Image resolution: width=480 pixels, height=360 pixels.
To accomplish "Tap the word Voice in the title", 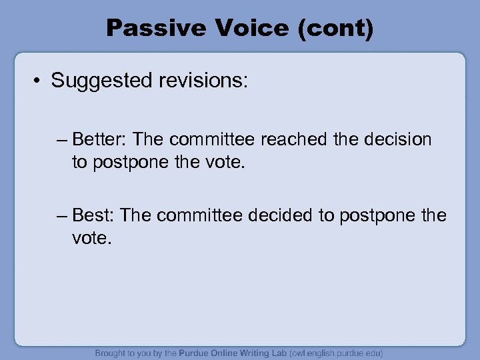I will pos(248,28).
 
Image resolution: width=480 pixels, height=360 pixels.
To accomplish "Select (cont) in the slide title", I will pos(336,28).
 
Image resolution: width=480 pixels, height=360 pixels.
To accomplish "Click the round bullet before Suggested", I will pos(39,81).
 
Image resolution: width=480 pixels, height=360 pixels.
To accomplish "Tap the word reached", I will pos(294,140).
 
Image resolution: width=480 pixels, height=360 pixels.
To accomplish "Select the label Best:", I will pos(94,216).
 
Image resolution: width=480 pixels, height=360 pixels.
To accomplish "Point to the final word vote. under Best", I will pos(92,237).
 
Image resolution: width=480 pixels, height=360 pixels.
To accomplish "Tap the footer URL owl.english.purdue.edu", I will pos(335,353).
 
